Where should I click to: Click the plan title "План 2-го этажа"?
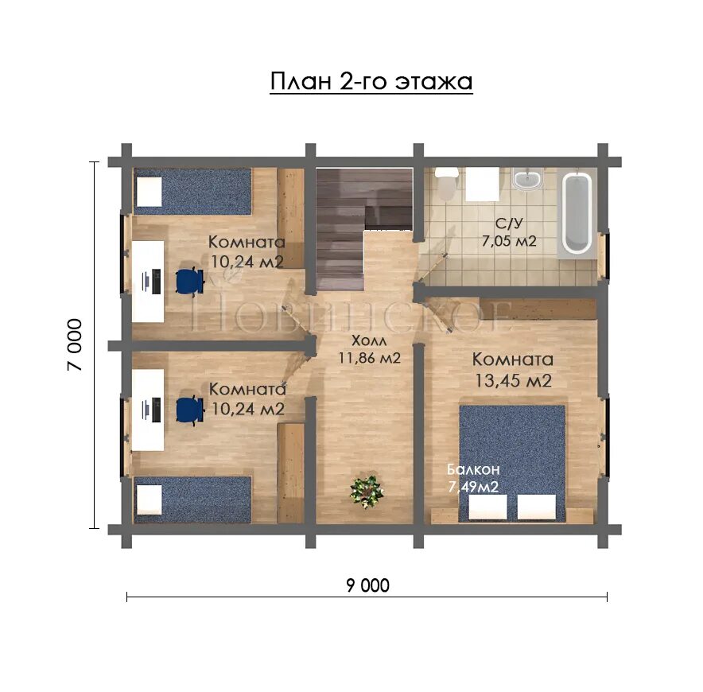pyautogui.click(x=371, y=82)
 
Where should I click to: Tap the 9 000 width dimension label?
pyautogui.click(x=367, y=585)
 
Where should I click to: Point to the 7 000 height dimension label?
pyautogui.click(x=75, y=344)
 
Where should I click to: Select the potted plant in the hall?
pyautogui.click(x=367, y=492)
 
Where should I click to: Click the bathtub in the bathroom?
pyautogui.click(x=577, y=213)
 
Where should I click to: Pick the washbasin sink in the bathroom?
pyautogui.click(x=526, y=180)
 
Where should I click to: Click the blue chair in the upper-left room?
pyautogui.click(x=190, y=281)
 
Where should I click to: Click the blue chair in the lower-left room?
pyautogui.click(x=190, y=410)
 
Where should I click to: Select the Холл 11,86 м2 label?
pyautogui.click(x=369, y=349)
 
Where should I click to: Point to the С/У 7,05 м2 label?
pyautogui.click(x=509, y=232)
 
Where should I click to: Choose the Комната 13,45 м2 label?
pyautogui.click(x=513, y=370)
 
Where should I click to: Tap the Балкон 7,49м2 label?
pyautogui.click(x=473, y=478)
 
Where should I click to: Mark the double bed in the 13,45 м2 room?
pyautogui.click(x=512, y=463)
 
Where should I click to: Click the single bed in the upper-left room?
pyautogui.click(x=192, y=192)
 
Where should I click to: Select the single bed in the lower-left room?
pyautogui.click(x=192, y=500)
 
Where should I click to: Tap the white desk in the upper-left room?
pyautogui.click(x=148, y=282)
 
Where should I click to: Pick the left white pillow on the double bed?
pyautogui.click(x=487, y=507)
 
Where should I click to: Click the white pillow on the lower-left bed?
pyautogui.click(x=149, y=500)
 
